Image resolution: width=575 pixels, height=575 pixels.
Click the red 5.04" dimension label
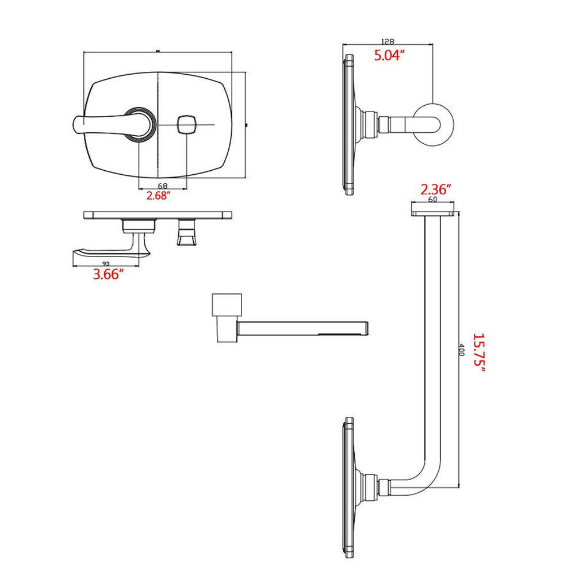click(389, 55)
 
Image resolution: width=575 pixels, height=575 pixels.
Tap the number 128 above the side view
click(388, 41)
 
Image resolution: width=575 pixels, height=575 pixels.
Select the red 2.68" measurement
click(159, 195)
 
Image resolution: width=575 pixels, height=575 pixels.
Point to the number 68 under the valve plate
click(163, 186)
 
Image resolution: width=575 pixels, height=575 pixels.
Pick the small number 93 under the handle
click(106, 263)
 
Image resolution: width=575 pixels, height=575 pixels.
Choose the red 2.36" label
click(435, 190)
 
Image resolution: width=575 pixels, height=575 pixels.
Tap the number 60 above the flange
click(433, 200)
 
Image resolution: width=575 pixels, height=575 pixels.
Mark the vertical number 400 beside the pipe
click(461, 350)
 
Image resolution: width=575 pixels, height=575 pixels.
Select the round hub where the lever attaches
click(140, 125)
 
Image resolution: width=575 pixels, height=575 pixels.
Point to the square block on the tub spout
click(227, 304)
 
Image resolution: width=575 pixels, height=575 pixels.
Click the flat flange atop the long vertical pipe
click(433, 213)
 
